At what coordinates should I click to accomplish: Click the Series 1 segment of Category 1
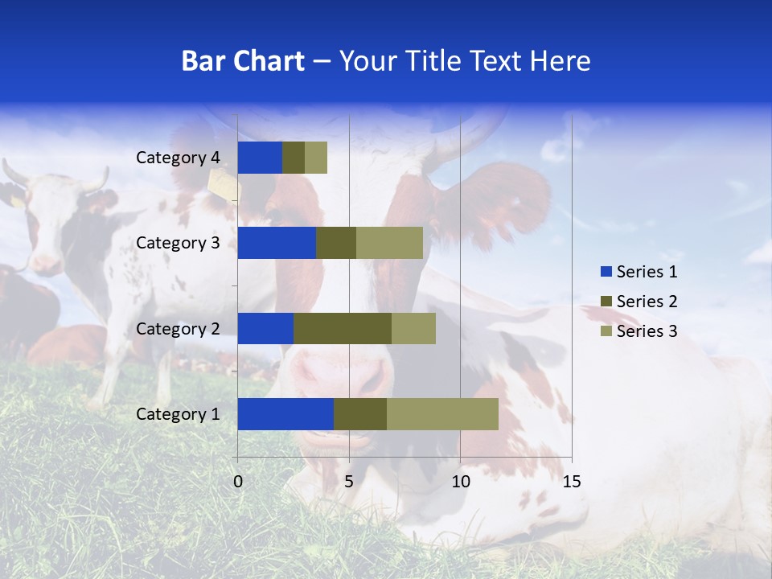pos(285,414)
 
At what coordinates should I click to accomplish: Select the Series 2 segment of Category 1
pos(360,414)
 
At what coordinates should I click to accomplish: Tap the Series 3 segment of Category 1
pos(442,414)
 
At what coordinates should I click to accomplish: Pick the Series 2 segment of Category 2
pos(343,328)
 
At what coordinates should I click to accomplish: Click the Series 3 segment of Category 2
pos(413,328)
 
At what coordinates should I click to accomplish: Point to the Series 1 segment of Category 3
pos(277,243)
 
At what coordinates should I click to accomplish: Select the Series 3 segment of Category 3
pos(389,243)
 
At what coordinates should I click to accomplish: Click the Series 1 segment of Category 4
pos(260,158)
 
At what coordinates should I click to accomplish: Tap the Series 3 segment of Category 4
pos(316,158)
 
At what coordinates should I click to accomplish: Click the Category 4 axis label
pos(178,158)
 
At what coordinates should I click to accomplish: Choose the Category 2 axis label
pos(178,328)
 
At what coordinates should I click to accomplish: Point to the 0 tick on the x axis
pos(238,482)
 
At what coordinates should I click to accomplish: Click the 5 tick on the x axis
pos(349,482)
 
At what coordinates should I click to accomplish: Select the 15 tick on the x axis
pos(571,482)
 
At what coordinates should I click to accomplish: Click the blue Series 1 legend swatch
pos(606,272)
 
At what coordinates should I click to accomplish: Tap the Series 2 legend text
pos(647,302)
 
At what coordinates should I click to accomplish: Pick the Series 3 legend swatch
pos(606,331)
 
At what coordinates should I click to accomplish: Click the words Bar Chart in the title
pos(243,61)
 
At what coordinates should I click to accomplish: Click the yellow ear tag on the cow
pos(225,187)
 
